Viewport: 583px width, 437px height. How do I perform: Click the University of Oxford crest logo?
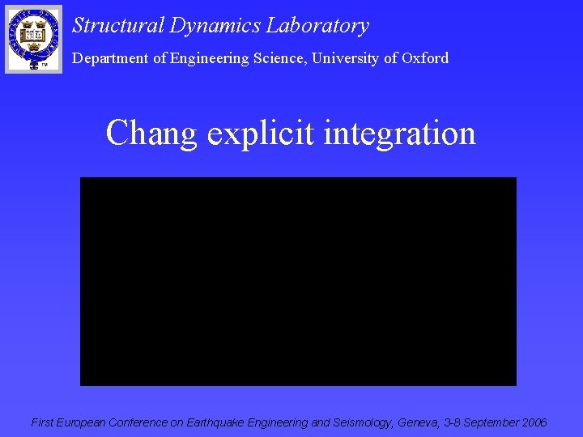33,38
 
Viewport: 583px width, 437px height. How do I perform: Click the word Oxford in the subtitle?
424,57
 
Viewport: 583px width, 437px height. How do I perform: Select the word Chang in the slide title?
151,134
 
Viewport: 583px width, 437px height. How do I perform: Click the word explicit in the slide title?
261,134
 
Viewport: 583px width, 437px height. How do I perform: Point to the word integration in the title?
399,133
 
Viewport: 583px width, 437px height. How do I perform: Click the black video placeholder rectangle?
298,281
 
